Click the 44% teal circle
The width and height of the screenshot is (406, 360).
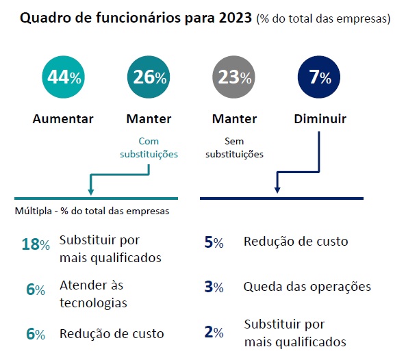coord(63,77)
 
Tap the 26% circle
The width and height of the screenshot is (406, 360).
coord(149,77)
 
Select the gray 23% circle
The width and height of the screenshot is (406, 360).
coord(234,77)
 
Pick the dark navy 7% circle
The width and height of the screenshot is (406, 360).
coord(320,77)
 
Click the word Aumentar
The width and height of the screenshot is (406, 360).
coord(63,119)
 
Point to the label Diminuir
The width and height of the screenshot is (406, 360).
coord(320,119)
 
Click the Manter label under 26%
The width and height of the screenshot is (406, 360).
coord(149,119)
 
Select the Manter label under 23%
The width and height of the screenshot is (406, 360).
coord(234,119)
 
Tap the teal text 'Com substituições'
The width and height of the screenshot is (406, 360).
coord(149,149)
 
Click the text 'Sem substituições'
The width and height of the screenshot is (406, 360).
coord(234,149)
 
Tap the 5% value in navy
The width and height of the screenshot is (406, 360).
coord(214,242)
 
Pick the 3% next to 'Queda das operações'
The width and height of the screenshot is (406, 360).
coord(214,287)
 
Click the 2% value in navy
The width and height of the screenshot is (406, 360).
coord(214,333)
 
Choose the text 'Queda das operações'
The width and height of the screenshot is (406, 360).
coord(307,287)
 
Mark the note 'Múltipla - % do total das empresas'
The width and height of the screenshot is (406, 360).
coord(92,211)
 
